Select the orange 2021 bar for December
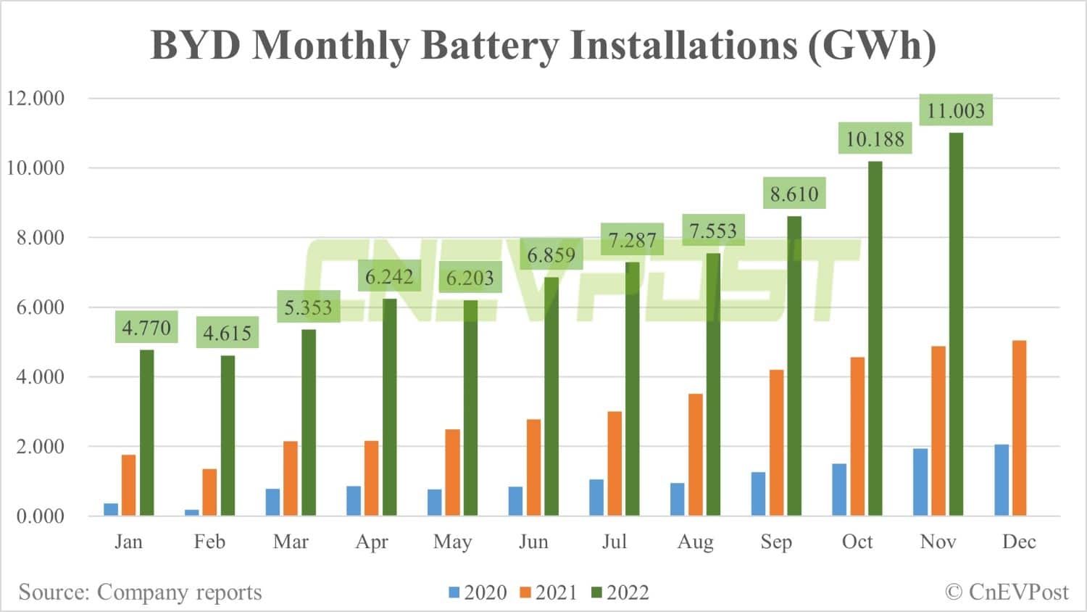coord(1019,428)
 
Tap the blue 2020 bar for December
coord(1001,480)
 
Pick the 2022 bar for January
coord(147,433)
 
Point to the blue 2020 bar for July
coord(596,497)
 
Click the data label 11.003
coord(956,111)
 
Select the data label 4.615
coord(227,334)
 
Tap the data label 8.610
coord(794,194)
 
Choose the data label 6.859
coord(551,255)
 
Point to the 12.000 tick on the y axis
coord(36,99)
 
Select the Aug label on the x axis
coord(695,542)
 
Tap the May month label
coord(452,542)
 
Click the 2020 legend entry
coord(478,592)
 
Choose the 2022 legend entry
coord(620,592)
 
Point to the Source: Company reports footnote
coord(140,592)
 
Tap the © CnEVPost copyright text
coord(1007,592)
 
